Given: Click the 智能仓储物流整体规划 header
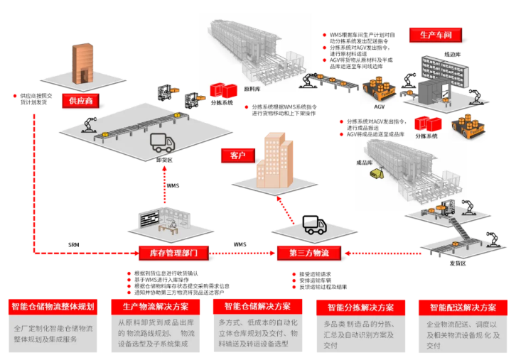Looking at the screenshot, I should [53, 307].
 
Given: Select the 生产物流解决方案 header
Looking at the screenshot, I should [155, 307].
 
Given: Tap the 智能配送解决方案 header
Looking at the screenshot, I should [462, 307].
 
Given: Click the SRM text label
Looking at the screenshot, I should [74, 245].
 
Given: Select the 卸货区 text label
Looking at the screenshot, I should [165, 160].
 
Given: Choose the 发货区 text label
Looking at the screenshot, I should [458, 263].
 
